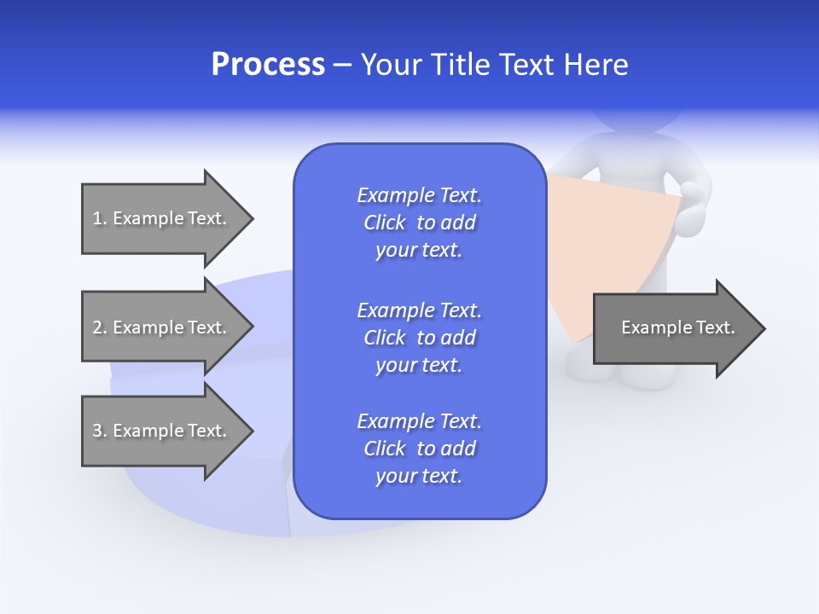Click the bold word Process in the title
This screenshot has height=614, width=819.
(268, 65)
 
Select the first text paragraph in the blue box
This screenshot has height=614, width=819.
(419, 223)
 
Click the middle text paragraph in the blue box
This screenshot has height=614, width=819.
(419, 337)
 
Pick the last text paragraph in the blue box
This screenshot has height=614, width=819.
(419, 449)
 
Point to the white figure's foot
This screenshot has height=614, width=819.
(648, 375)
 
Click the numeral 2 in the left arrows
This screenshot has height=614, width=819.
(97, 327)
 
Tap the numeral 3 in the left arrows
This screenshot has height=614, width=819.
(97, 431)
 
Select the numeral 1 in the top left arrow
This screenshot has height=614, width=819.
(97, 218)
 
